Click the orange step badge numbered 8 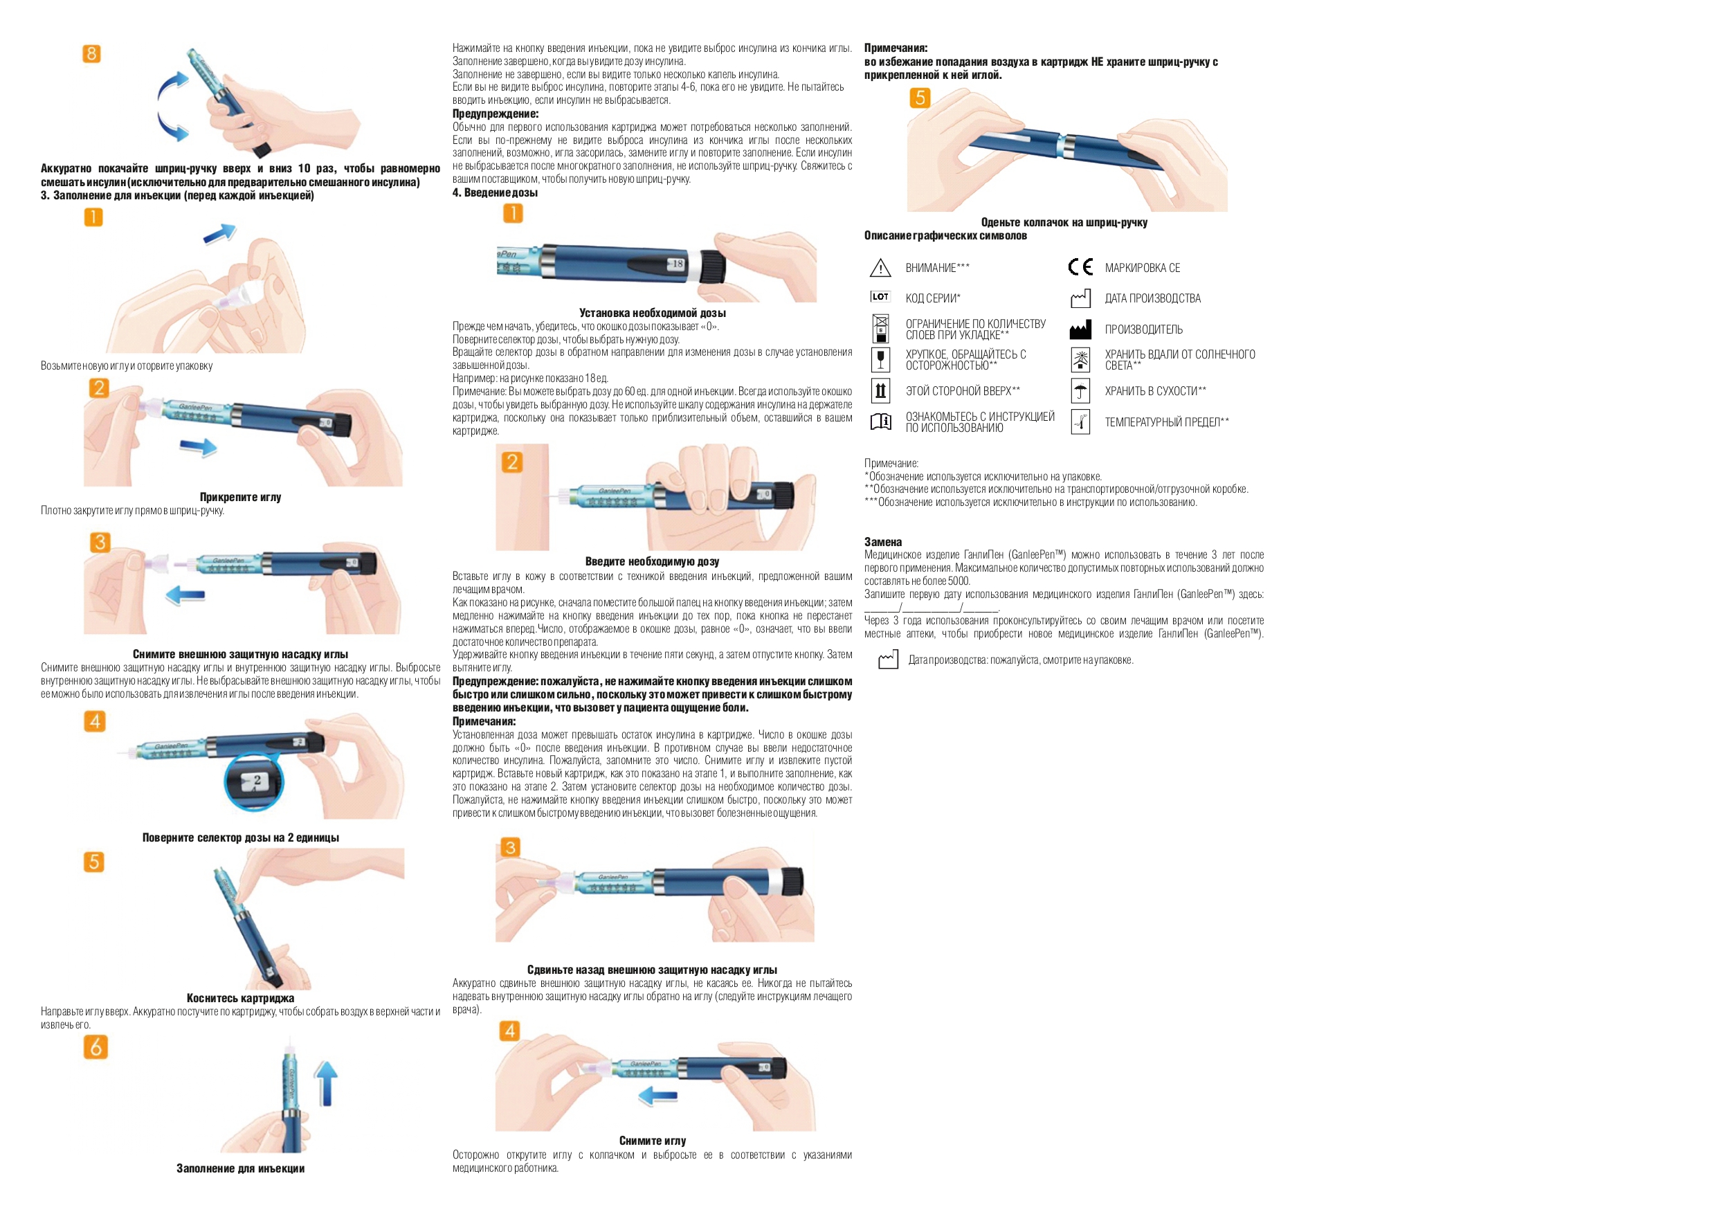tap(91, 54)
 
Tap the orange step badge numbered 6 tap(95, 1047)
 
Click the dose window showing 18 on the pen tap(675, 263)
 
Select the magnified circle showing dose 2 tap(254, 782)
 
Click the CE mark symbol tap(1080, 267)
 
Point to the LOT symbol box tap(880, 297)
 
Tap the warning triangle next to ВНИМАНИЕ tap(880, 267)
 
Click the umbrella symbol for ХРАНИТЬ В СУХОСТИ tap(1080, 391)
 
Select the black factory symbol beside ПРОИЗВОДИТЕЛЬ tap(1080, 329)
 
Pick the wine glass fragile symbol tap(881, 360)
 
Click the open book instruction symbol tap(881, 422)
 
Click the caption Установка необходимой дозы tap(652, 313)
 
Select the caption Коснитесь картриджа tap(240, 998)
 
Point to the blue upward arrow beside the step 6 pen tap(326, 1083)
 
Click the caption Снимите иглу tap(652, 1140)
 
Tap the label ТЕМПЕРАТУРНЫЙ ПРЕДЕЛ tap(1167, 422)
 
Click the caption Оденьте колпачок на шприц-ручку tap(1064, 222)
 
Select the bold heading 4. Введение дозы tap(495, 192)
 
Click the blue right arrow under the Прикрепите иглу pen tap(198, 447)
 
